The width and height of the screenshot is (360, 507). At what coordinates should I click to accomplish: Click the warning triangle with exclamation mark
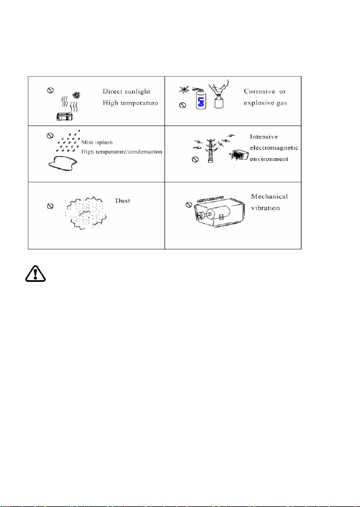pyautogui.click(x=36, y=274)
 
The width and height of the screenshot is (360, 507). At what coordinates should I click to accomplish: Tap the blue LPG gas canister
pyautogui.click(x=201, y=98)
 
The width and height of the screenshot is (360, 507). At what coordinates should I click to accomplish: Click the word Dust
pyautogui.click(x=123, y=201)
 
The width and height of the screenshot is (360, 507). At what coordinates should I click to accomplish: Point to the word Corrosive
pyautogui.click(x=259, y=92)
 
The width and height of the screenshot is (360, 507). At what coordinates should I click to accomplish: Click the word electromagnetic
pyautogui.click(x=274, y=148)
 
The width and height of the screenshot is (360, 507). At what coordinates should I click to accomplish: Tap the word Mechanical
pyautogui.click(x=269, y=197)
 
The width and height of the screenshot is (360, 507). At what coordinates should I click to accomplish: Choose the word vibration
pyautogui.click(x=266, y=208)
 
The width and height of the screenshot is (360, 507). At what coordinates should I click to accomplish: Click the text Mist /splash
pyautogui.click(x=97, y=142)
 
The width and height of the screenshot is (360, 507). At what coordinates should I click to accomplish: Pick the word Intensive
pyautogui.click(x=264, y=137)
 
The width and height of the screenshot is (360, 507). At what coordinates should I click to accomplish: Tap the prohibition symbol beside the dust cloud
pyautogui.click(x=50, y=206)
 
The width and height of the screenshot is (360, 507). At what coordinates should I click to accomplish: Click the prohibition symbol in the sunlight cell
pyautogui.click(x=51, y=91)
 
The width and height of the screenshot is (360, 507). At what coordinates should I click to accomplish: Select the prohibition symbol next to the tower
pyautogui.click(x=195, y=159)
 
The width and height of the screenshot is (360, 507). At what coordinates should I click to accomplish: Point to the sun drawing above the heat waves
pyautogui.click(x=77, y=95)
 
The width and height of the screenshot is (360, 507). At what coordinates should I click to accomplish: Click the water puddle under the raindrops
pyautogui.click(x=63, y=164)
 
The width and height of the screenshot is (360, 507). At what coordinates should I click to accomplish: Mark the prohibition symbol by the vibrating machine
pyautogui.click(x=189, y=205)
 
